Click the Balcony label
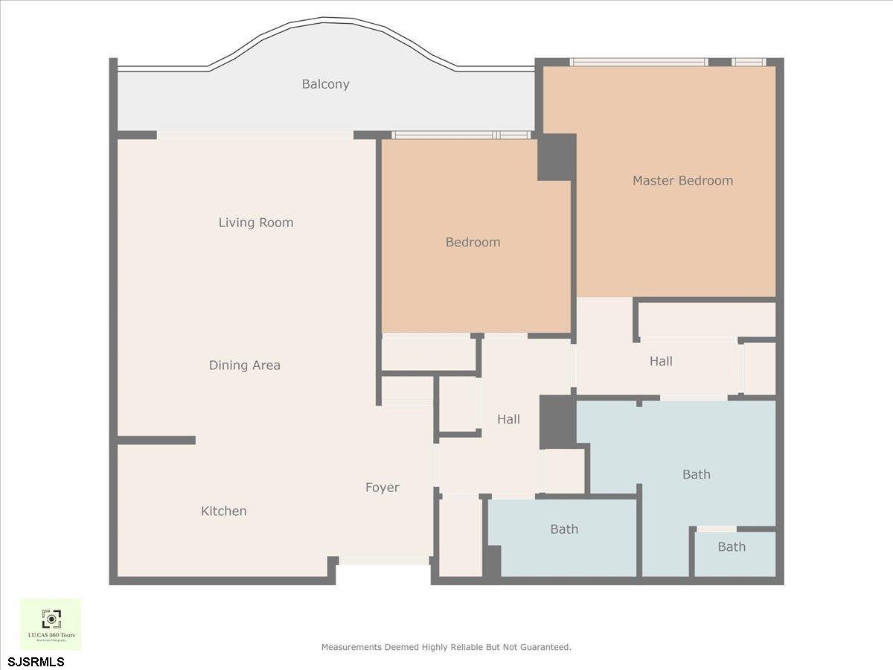click(325, 84)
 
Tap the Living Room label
click(256, 223)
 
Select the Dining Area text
click(244, 366)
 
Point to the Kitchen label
click(223, 511)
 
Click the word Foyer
click(382, 488)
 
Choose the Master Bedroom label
click(682, 180)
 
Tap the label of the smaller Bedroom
click(473, 242)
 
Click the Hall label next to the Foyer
click(508, 420)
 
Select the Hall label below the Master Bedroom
click(661, 361)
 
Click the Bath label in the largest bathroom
click(697, 474)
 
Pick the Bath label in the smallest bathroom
click(732, 547)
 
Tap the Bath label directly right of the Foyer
click(564, 529)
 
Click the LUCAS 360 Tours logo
click(51, 624)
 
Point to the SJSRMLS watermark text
click(36, 661)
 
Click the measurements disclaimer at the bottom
click(446, 647)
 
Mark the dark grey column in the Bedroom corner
click(557, 157)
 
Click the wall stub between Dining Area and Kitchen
click(156, 441)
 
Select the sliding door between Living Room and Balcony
click(255, 135)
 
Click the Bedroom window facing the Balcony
click(461, 135)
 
